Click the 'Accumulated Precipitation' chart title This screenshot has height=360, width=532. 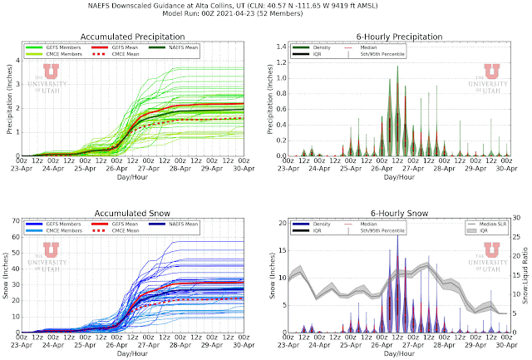pyautogui.click(x=136, y=37)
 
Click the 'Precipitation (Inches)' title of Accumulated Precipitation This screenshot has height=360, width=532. pyautogui.click(x=7, y=100)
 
